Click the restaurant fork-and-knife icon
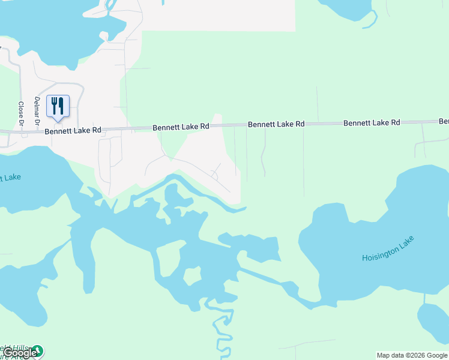click(58, 106)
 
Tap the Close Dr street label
click(21, 113)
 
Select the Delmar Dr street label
click(37, 111)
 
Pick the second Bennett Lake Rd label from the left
click(180, 127)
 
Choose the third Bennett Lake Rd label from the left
click(276, 124)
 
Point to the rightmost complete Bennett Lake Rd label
click(372, 122)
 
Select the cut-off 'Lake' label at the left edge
click(10, 178)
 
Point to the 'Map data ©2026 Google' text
click(412, 355)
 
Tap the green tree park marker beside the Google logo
click(38, 350)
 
